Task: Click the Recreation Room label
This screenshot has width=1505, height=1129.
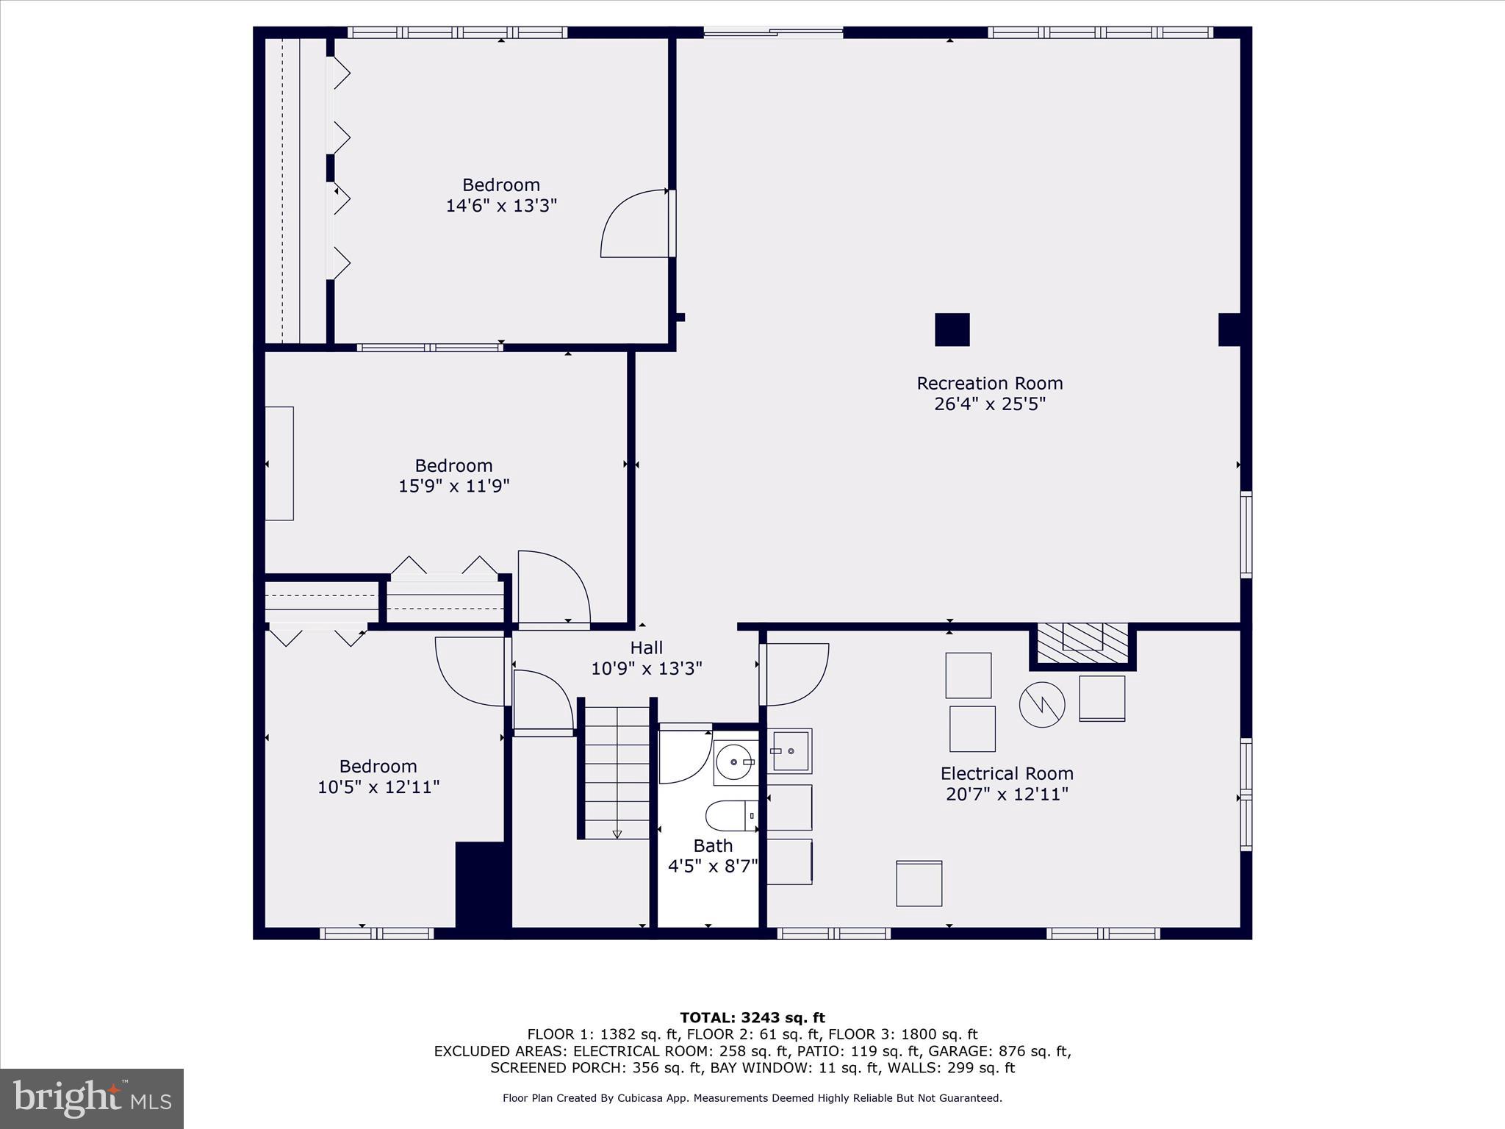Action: (x=989, y=384)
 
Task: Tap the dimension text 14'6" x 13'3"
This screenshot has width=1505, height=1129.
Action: (x=501, y=205)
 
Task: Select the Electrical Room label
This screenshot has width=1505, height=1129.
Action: (x=1007, y=774)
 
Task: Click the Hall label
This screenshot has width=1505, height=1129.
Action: (x=646, y=648)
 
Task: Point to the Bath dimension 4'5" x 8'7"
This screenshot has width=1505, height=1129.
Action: (x=712, y=866)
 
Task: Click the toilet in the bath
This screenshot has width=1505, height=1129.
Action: (x=730, y=816)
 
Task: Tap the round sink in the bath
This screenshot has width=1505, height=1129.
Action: (x=734, y=762)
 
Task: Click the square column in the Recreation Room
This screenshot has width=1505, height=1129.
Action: (x=952, y=329)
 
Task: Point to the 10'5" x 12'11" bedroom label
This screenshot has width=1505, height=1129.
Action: (x=378, y=777)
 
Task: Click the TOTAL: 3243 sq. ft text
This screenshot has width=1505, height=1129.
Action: (x=752, y=1017)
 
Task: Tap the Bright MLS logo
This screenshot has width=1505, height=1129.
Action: (x=92, y=1099)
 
